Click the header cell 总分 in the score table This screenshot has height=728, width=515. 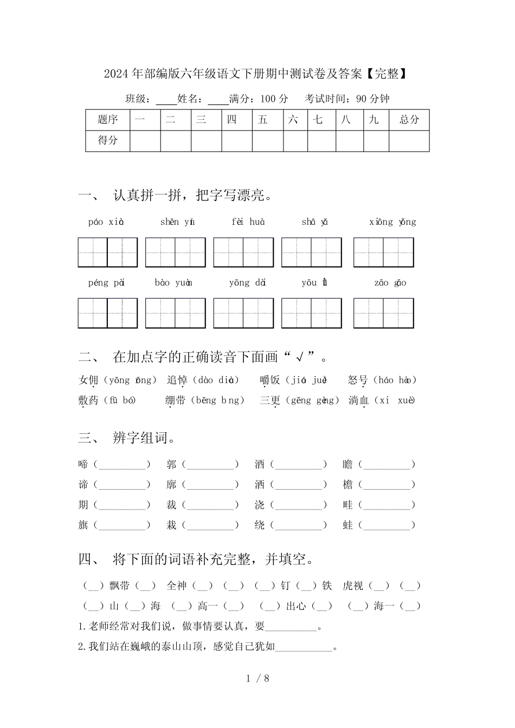pos(409,120)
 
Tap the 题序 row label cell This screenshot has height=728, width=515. pos(107,120)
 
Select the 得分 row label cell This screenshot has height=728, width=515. pos(107,140)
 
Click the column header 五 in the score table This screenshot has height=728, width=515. pos(263,120)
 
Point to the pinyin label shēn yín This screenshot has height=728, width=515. pos(177,222)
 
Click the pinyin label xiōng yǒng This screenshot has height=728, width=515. pos(392,222)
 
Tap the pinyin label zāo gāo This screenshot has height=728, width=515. pos(390,283)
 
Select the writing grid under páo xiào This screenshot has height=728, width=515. pos(107,252)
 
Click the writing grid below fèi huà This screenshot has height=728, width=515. pos(243,252)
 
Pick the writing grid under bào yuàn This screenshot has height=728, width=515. pos(175,313)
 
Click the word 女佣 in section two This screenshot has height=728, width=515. pos(88,380)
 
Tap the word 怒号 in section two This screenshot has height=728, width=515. pos(358,380)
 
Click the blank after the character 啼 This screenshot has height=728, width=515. pos(122,465)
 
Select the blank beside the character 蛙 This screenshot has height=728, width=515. pos(387,525)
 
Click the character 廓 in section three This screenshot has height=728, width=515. pos(171,485)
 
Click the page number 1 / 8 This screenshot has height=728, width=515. pos(257,678)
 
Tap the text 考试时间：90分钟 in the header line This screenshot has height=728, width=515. pos(347,99)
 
